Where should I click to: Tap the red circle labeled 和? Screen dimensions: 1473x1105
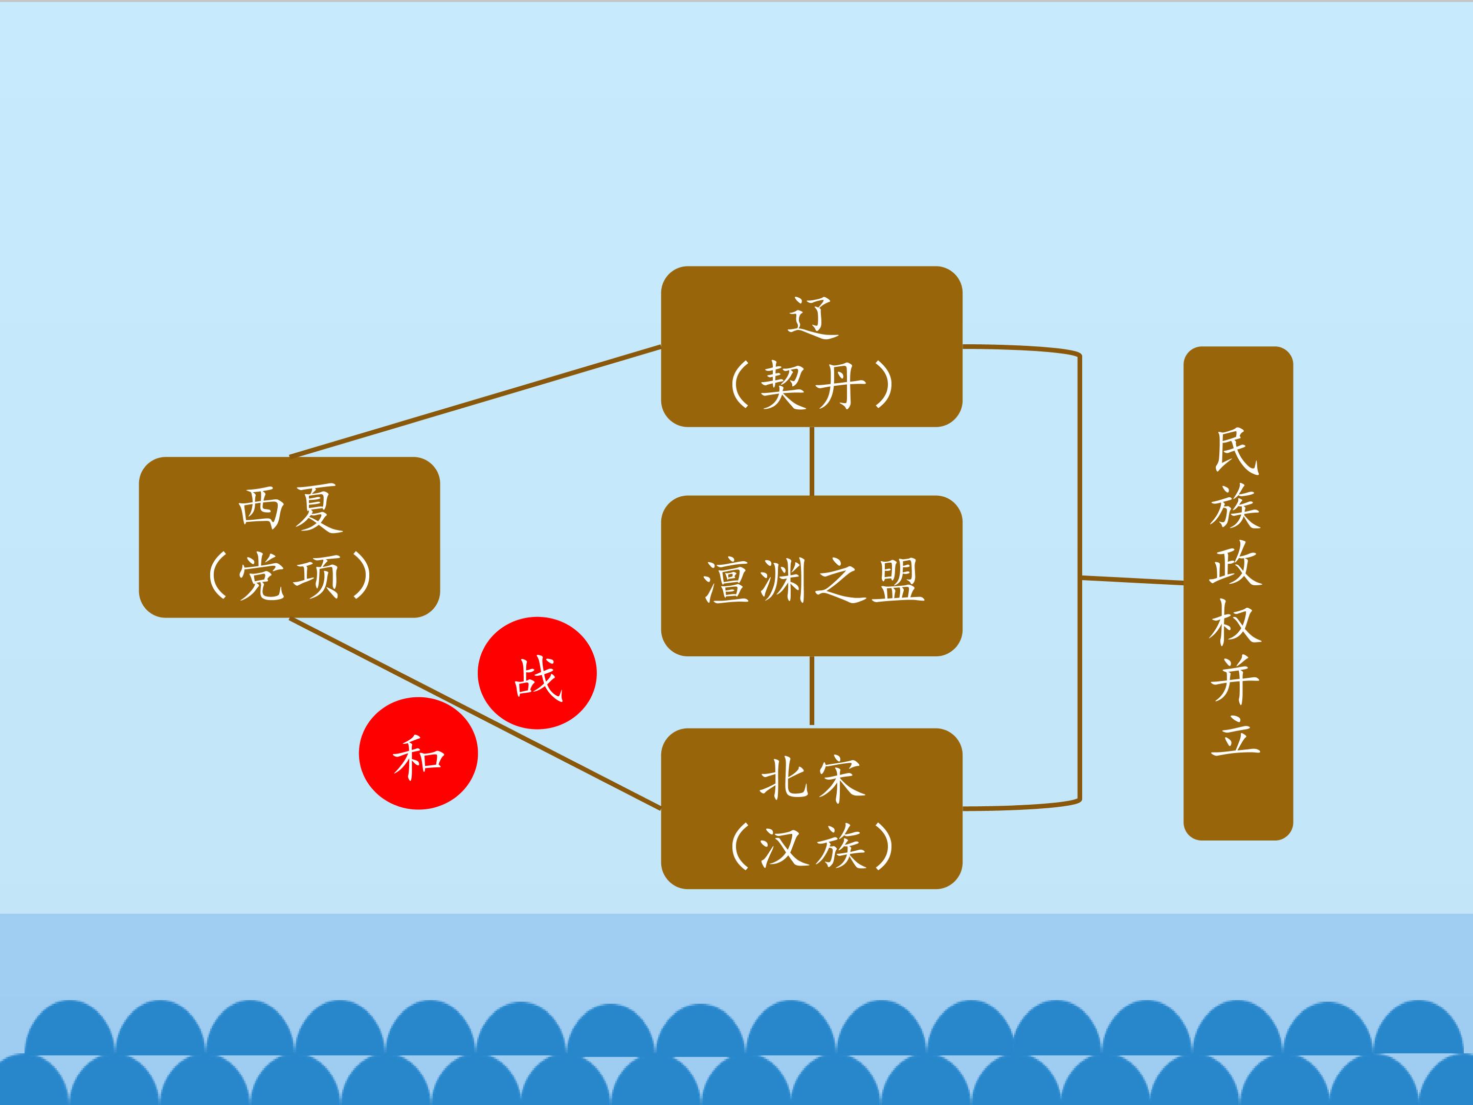point(418,754)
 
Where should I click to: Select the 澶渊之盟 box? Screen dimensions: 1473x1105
point(811,576)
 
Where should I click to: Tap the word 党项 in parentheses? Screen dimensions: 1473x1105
point(291,576)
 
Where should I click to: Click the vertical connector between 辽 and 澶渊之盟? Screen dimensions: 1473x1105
point(812,461)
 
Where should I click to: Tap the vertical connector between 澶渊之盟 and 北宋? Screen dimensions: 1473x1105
point(812,691)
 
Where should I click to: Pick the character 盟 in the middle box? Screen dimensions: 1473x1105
point(898,580)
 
